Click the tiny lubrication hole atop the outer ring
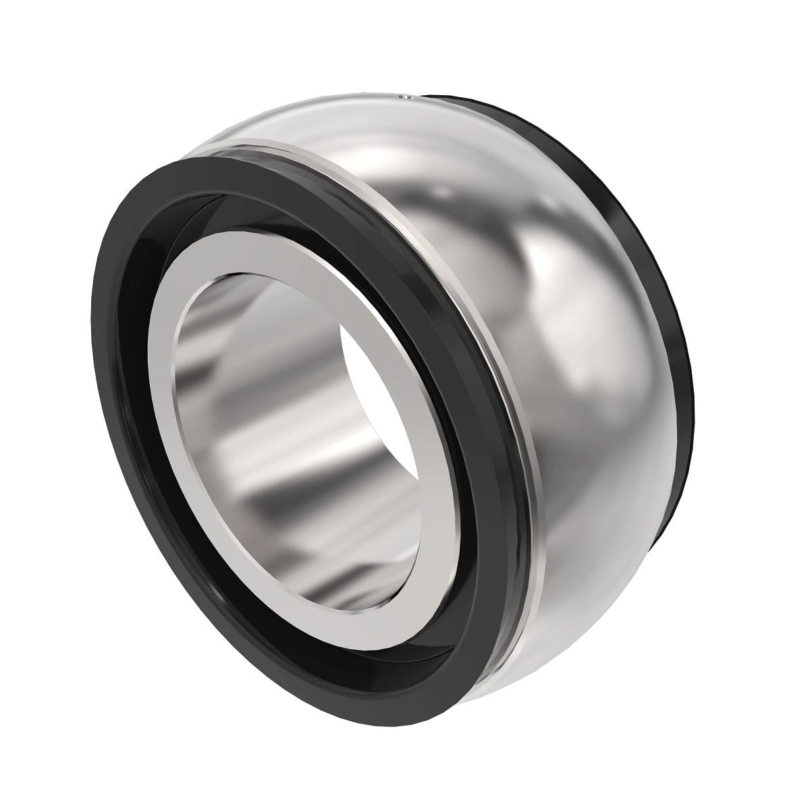coord(406,99)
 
